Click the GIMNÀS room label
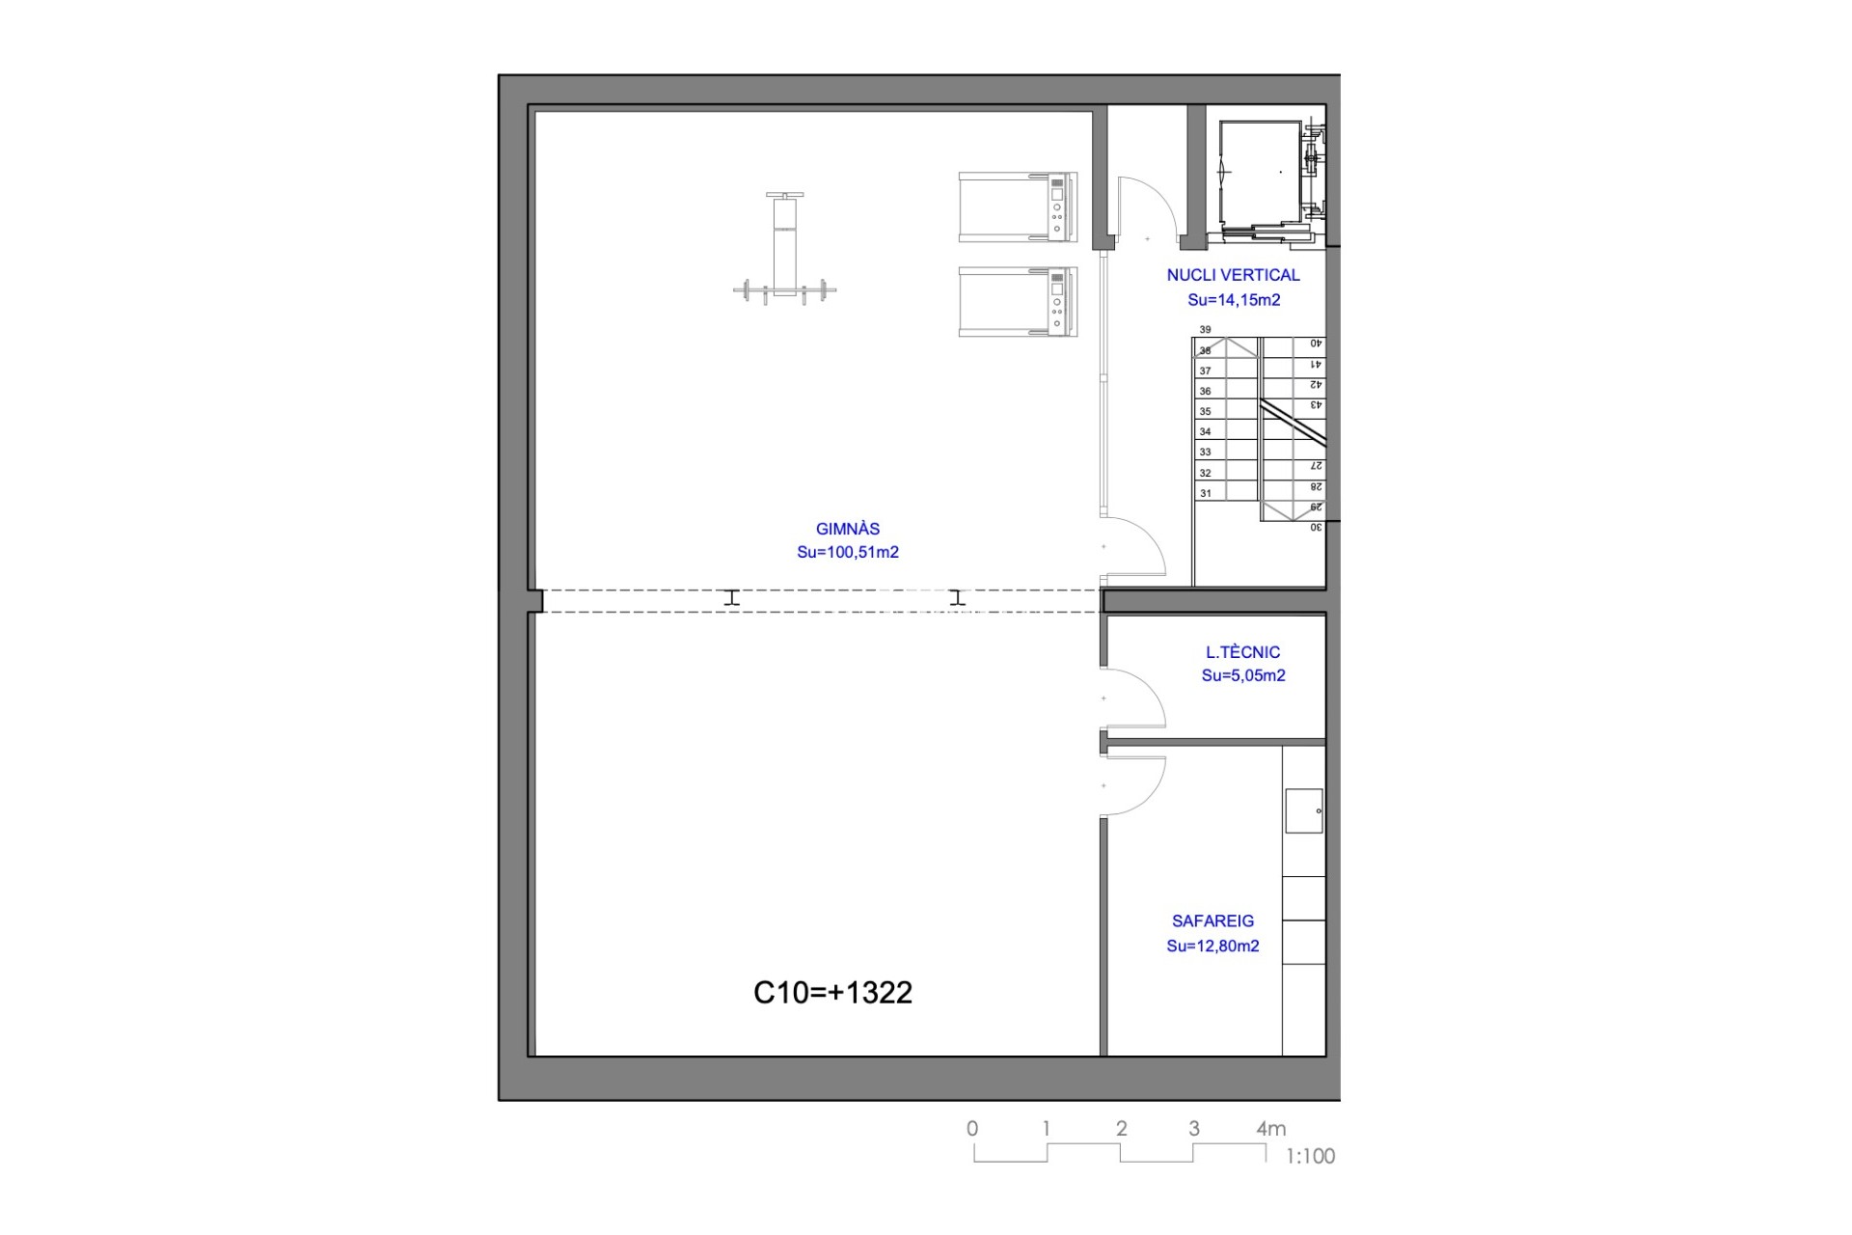pyautogui.click(x=848, y=529)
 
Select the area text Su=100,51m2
pyautogui.click(x=848, y=553)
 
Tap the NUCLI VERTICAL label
pyautogui.click(x=1234, y=275)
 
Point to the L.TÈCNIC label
pyautogui.click(x=1243, y=652)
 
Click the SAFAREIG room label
pyautogui.click(x=1213, y=921)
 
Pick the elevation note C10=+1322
pyautogui.click(x=832, y=993)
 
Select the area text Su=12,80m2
pyautogui.click(x=1213, y=947)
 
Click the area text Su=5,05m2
pyautogui.click(x=1243, y=676)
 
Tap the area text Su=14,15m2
pyautogui.click(x=1235, y=300)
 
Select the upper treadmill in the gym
pyautogui.click(x=1018, y=207)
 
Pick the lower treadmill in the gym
pyautogui.click(x=1018, y=302)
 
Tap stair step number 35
pyautogui.click(x=1205, y=412)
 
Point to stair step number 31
pyautogui.click(x=1205, y=494)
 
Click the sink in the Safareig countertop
pyautogui.click(x=1304, y=810)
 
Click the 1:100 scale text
pyautogui.click(x=1311, y=1156)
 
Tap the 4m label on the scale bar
pyautogui.click(x=1271, y=1128)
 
